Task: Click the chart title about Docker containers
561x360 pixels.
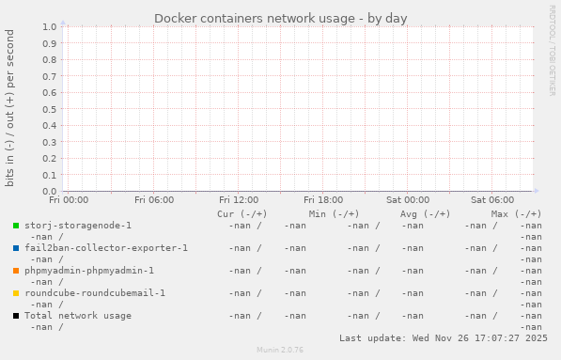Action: (x=280, y=18)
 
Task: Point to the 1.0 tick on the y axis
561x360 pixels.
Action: (x=50, y=26)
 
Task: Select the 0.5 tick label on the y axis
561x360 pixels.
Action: (x=50, y=109)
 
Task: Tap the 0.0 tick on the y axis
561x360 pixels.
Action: (x=50, y=192)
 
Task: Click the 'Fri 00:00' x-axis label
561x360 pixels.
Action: (x=69, y=200)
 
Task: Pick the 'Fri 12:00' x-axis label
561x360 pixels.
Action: (x=239, y=200)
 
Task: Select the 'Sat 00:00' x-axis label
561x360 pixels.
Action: (x=408, y=200)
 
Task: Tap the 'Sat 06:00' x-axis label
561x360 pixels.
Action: (x=492, y=200)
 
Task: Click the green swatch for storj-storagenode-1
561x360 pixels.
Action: (x=16, y=226)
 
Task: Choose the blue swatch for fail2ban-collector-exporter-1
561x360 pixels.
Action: (x=16, y=248)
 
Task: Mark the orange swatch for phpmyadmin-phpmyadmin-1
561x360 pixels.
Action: (x=16, y=271)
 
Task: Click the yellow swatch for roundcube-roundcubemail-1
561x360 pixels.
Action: (x=16, y=293)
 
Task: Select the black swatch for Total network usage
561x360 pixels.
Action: (x=16, y=316)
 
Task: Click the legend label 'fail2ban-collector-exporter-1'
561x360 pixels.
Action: (x=106, y=248)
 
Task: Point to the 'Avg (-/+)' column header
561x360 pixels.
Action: (x=425, y=214)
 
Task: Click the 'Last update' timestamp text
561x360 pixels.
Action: (x=444, y=337)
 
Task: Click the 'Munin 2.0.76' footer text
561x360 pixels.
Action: (x=280, y=350)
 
